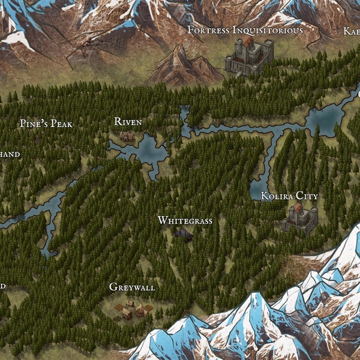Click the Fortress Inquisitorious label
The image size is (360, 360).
pyautogui.click(x=245, y=29)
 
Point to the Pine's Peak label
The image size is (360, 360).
pyautogui.click(x=46, y=124)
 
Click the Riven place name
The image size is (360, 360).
pyautogui.click(x=128, y=122)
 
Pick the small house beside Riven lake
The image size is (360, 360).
pyautogui.click(x=127, y=137)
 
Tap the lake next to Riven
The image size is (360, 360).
pyautogui.click(x=151, y=152)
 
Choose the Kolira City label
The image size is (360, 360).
pyautogui.click(x=289, y=196)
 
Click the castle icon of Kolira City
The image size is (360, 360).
pyautogui.click(x=299, y=218)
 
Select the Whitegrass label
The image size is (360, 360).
pyautogui.click(x=185, y=221)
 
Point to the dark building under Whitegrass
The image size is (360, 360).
pyautogui.click(x=184, y=235)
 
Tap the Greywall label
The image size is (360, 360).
pyautogui.click(x=132, y=287)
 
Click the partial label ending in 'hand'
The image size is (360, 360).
pyautogui.click(x=10, y=154)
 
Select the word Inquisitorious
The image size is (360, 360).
pyautogui.click(x=268, y=29)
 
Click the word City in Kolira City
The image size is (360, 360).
pyautogui.click(x=306, y=196)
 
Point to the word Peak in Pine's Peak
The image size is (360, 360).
pyautogui.click(x=62, y=124)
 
